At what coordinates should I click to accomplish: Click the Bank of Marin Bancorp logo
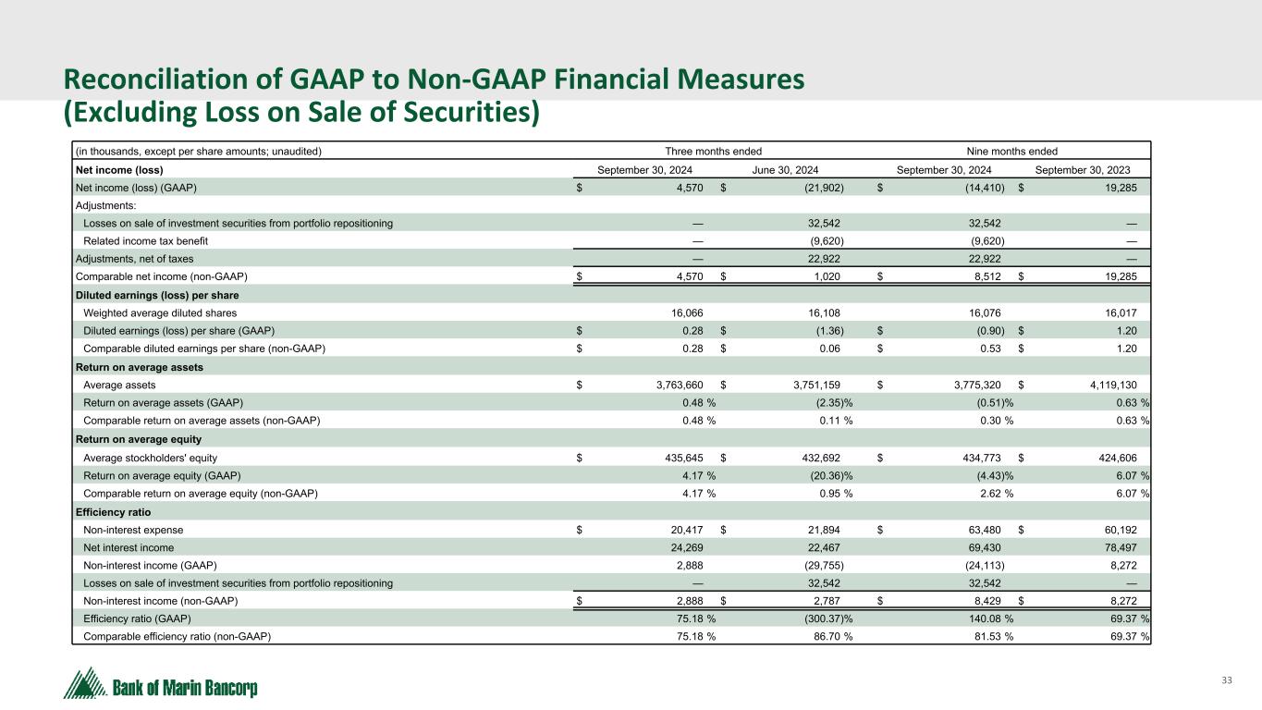(160, 684)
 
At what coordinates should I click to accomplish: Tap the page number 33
(1227, 681)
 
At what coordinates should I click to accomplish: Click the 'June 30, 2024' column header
(785, 170)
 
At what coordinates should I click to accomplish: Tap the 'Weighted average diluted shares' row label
(160, 313)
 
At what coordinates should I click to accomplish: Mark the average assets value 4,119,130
(1105, 386)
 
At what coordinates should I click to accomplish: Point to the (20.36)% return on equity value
(827, 475)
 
